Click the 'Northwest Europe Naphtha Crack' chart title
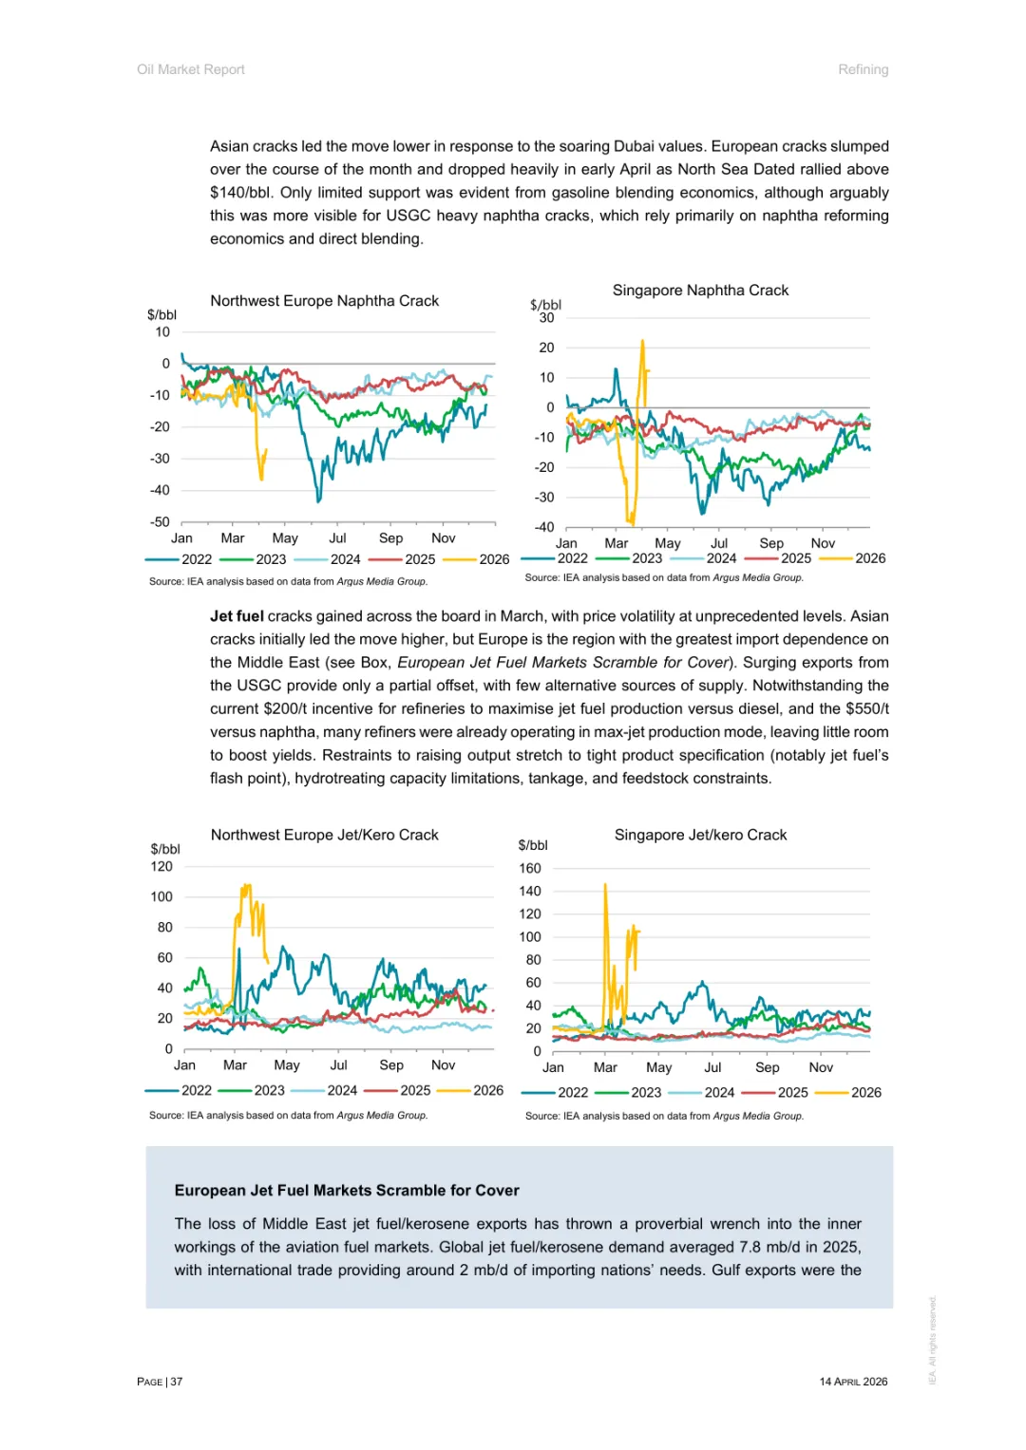tap(324, 301)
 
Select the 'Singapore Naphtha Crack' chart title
tap(700, 291)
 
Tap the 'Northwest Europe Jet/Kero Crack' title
tap(324, 835)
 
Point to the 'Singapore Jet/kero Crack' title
tap(700, 835)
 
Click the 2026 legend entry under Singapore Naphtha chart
tap(869, 558)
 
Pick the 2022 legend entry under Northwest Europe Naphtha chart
tap(197, 559)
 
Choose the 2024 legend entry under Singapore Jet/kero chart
tap(719, 1092)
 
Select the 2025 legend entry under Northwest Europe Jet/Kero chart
tap(415, 1090)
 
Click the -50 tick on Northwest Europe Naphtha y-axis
tap(160, 521)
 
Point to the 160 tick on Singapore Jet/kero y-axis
tap(530, 868)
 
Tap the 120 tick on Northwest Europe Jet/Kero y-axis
tap(161, 866)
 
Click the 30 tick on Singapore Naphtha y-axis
tap(546, 318)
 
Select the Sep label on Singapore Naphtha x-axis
tap(771, 543)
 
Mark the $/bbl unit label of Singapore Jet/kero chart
tap(533, 845)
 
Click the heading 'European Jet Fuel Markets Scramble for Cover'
tap(347, 1190)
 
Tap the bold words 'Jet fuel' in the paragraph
tap(237, 616)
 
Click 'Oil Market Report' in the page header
tap(191, 69)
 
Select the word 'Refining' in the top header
tap(863, 69)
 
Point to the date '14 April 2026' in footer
tap(853, 1382)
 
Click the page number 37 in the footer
tap(177, 1382)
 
